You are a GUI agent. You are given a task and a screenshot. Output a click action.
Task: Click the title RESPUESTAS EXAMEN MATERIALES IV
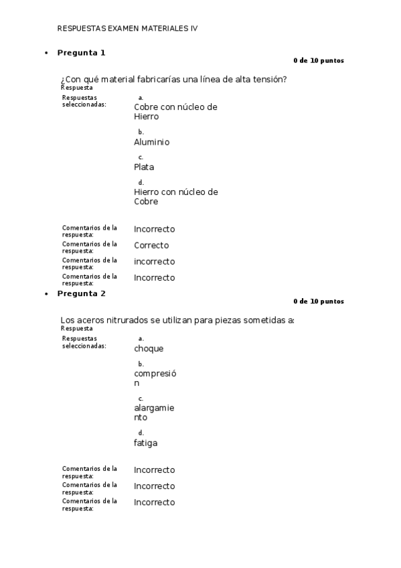(x=128, y=29)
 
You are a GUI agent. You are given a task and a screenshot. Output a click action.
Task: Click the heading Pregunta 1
(x=81, y=52)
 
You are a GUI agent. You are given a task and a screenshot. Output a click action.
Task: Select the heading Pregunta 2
(x=81, y=293)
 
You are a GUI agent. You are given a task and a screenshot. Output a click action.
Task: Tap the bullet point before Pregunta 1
(x=46, y=53)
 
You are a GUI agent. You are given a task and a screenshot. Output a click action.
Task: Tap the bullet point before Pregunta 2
(x=46, y=294)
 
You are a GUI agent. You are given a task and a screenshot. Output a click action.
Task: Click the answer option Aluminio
(x=151, y=142)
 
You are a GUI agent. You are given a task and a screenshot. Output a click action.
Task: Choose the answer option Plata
(x=144, y=167)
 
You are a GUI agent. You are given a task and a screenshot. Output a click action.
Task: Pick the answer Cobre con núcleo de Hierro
(x=175, y=111)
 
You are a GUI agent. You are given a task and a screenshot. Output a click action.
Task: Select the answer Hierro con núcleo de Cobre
(x=175, y=196)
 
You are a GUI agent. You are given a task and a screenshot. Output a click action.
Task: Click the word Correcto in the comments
(x=151, y=245)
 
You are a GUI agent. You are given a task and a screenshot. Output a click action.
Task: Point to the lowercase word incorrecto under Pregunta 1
(x=154, y=261)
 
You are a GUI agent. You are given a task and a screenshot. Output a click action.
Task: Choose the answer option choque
(x=149, y=348)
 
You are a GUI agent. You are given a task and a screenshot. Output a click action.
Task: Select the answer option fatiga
(x=146, y=443)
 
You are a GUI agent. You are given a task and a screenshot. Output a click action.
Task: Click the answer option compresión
(x=155, y=378)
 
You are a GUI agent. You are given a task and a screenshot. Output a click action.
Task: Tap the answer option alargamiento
(x=154, y=412)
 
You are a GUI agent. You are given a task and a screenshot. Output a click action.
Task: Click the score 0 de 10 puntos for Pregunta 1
(x=319, y=60)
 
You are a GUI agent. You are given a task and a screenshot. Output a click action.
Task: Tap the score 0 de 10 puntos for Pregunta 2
(x=319, y=301)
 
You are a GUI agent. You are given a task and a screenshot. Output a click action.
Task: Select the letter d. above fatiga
(x=141, y=433)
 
